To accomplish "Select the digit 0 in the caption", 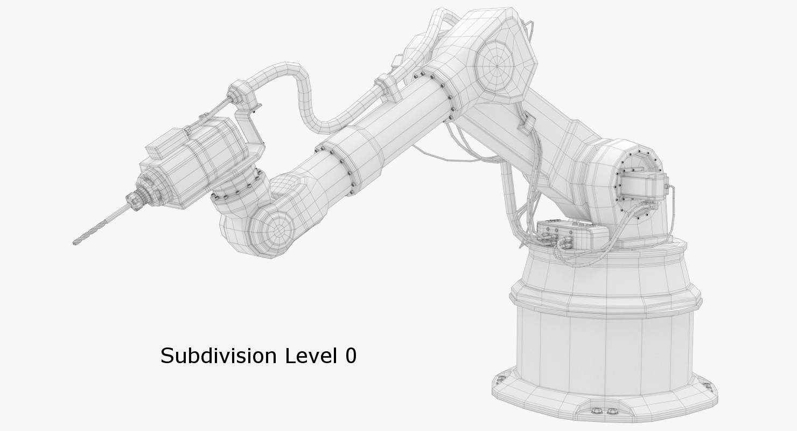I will (350, 356).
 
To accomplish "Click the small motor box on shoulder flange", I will (644, 185).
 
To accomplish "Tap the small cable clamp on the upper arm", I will (525, 123).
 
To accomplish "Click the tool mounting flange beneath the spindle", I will (237, 186).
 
